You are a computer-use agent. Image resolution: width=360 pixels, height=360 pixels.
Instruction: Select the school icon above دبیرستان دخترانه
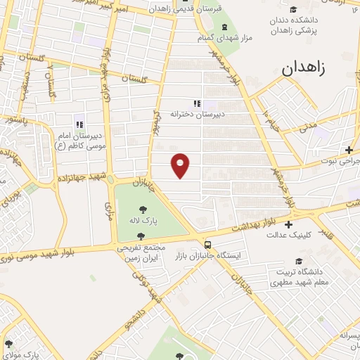point(198,103)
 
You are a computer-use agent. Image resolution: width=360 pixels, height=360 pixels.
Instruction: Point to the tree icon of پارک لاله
point(143,209)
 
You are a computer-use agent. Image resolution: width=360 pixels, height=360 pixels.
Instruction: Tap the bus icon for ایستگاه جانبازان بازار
point(207,245)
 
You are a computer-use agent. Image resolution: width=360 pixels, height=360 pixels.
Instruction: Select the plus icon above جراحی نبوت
point(349,149)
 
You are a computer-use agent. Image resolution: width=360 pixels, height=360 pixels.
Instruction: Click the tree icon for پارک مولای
point(8,344)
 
